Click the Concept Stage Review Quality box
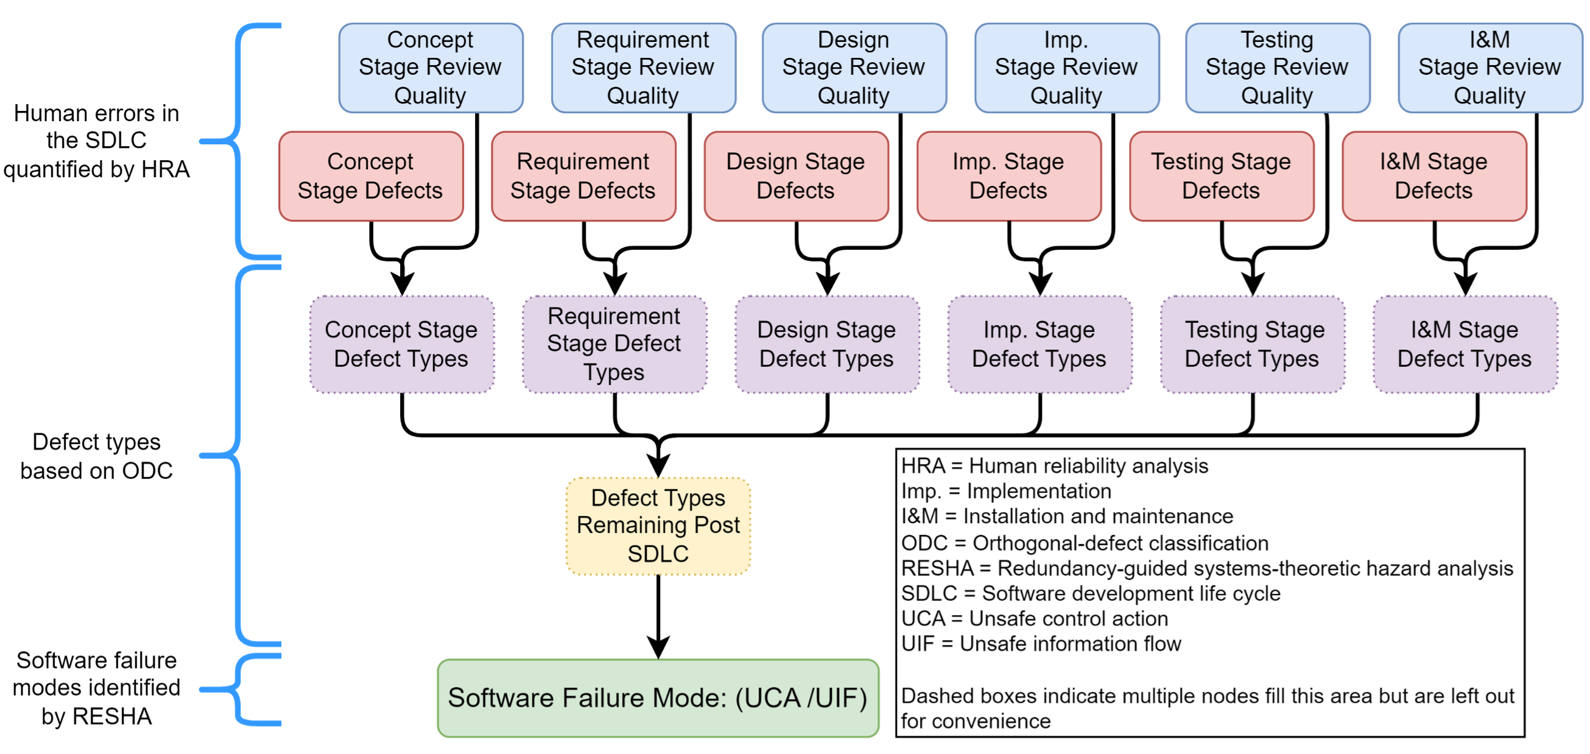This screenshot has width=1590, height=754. click(x=431, y=68)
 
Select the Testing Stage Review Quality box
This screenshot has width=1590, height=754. click(x=1277, y=68)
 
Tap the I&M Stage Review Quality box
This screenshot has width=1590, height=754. click(x=1490, y=68)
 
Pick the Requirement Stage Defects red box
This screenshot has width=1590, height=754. click(x=583, y=176)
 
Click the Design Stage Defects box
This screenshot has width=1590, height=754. click(x=796, y=176)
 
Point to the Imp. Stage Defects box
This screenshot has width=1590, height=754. click(x=1008, y=176)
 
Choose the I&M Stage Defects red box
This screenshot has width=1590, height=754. click(x=1434, y=176)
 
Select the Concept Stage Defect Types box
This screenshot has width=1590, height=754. click(x=402, y=344)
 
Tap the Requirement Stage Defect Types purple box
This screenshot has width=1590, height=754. click(x=614, y=344)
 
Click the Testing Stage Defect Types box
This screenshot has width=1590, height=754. click(x=1253, y=344)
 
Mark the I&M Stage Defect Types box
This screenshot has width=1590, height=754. click(x=1465, y=344)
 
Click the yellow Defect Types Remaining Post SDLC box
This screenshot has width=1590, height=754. click(x=658, y=526)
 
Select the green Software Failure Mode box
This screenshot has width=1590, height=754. click(x=658, y=698)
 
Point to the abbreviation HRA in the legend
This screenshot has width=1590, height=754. click(x=923, y=465)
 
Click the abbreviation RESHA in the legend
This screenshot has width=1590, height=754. click(x=937, y=568)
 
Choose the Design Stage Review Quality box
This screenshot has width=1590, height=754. click(x=854, y=68)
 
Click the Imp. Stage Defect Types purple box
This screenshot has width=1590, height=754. click(x=1039, y=344)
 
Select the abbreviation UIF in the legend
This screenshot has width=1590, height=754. click(x=918, y=644)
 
